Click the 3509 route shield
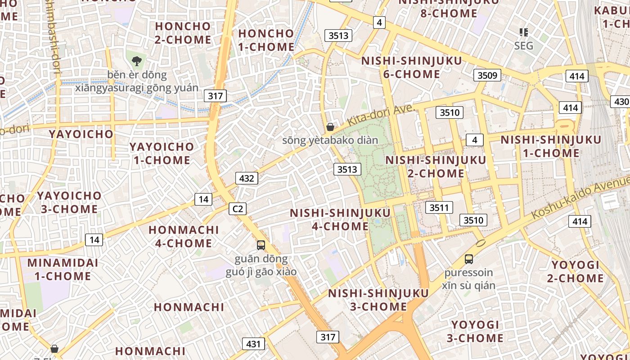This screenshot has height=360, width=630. click(x=487, y=75)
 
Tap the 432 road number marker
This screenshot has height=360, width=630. click(x=247, y=178)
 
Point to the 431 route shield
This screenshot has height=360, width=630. click(x=253, y=344)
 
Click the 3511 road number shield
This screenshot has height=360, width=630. click(x=439, y=207)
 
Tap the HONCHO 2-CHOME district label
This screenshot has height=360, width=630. click(x=183, y=33)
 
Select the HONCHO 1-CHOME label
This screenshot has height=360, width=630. click(x=266, y=40)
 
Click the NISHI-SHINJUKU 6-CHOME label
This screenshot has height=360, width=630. click(x=412, y=67)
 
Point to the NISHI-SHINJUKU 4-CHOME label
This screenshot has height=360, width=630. click(x=340, y=219)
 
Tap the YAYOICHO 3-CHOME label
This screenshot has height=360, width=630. click(x=69, y=202)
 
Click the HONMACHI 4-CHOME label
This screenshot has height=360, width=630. click(x=184, y=236)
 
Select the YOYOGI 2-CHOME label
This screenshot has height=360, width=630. click(x=576, y=271)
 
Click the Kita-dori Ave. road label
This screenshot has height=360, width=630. click(x=380, y=116)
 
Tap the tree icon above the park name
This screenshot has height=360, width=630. click(x=137, y=60)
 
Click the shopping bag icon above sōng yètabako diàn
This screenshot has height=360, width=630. click(x=330, y=127)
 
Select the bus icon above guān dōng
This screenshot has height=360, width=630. click(x=261, y=245)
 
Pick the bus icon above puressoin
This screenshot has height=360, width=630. click(x=469, y=259)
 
